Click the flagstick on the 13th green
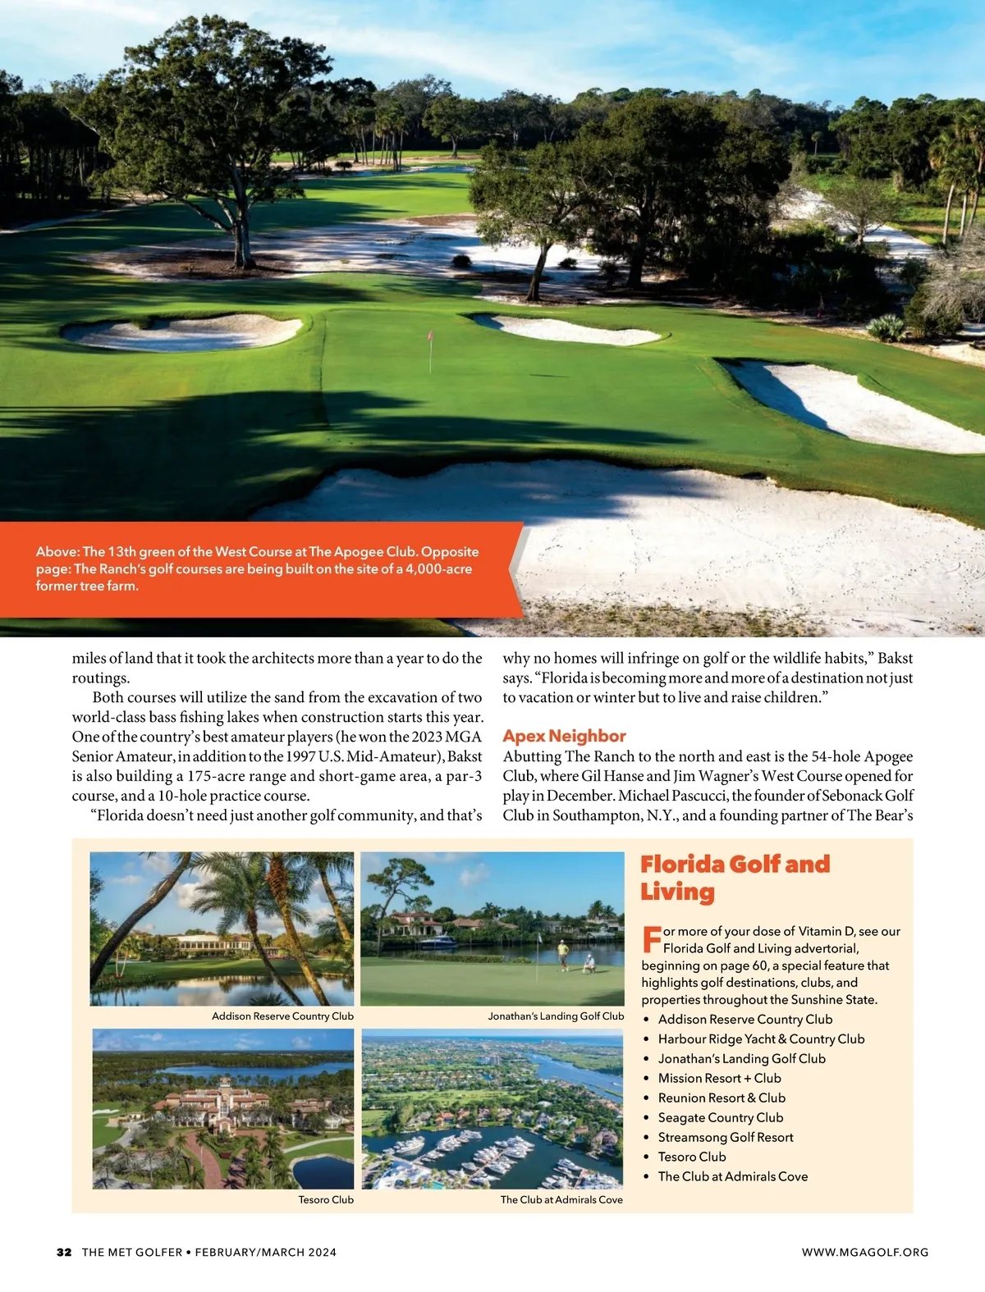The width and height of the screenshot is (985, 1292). [430, 351]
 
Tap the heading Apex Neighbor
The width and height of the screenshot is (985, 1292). [564, 736]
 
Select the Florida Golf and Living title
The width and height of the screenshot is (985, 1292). [734, 877]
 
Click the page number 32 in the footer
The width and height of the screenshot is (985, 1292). [64, 1252]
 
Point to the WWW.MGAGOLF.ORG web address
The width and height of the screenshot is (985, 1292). [865, 1252]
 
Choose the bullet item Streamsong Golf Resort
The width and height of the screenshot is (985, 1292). [726, 1137]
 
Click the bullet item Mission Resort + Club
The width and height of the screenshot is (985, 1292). [719, 1078]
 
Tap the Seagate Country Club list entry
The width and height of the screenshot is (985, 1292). [721, 1117]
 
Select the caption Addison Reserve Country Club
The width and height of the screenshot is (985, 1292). [282, 1016]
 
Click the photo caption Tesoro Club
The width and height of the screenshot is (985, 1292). [326, 1199]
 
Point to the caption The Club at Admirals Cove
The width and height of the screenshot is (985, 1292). [561, 1199]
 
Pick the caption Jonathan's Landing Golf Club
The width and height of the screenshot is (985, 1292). [556, 1016]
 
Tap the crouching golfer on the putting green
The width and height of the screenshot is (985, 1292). [589, 963]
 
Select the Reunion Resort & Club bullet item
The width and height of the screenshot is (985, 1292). [722, 1098]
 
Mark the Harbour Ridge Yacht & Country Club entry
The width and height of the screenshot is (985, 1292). [761, 1039]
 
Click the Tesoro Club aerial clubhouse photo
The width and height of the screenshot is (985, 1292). [222, 1108]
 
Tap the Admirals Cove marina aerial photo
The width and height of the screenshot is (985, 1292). [492, 1108]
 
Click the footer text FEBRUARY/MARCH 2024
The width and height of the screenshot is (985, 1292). [266, 1252]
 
